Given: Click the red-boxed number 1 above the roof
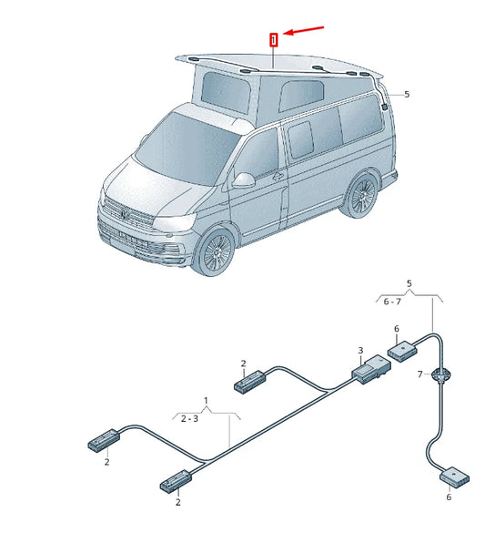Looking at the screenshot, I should tap(272, 39).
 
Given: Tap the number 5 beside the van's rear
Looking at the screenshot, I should tap(407, 94).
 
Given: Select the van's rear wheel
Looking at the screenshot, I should tap(363, 198).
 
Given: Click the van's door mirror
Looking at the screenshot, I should tap(244, 179).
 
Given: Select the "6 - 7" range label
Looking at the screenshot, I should tap(392, 301).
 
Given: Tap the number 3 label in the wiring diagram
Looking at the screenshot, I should tap(360, 351).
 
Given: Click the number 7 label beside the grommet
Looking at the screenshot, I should tap(419, 374).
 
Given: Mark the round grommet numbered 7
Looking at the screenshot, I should tap(442, 374).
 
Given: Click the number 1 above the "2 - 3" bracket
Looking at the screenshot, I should tap(206, 401).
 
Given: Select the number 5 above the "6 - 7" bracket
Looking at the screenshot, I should tap(409, 284).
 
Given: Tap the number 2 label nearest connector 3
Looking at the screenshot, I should tap(244, 364).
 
